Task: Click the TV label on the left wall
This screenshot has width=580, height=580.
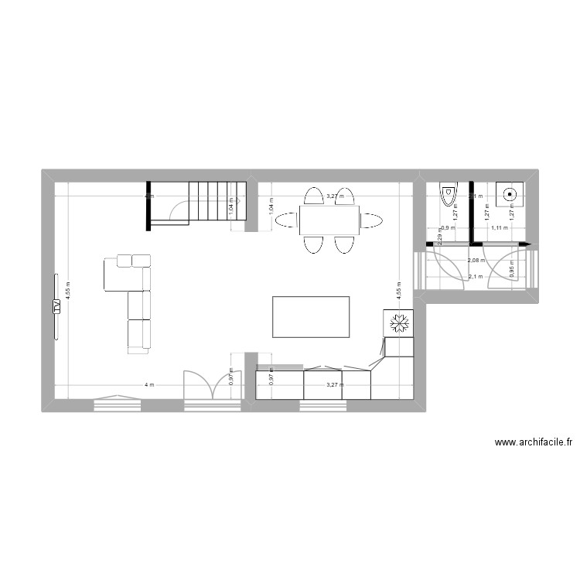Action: [56, 306]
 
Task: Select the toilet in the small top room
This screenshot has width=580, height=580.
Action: [448, 193]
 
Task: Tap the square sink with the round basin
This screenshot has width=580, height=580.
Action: [510, 195]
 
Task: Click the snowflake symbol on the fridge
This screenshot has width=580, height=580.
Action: [400, 322]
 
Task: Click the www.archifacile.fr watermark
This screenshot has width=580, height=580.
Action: [533, 443]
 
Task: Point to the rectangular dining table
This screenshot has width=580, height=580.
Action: [329, 220]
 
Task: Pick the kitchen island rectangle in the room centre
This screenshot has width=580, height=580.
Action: [312, 316]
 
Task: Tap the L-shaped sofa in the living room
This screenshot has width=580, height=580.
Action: [131, 302]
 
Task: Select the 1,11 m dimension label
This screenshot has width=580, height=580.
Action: [500, 228]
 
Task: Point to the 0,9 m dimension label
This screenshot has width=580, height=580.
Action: [446, 228]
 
